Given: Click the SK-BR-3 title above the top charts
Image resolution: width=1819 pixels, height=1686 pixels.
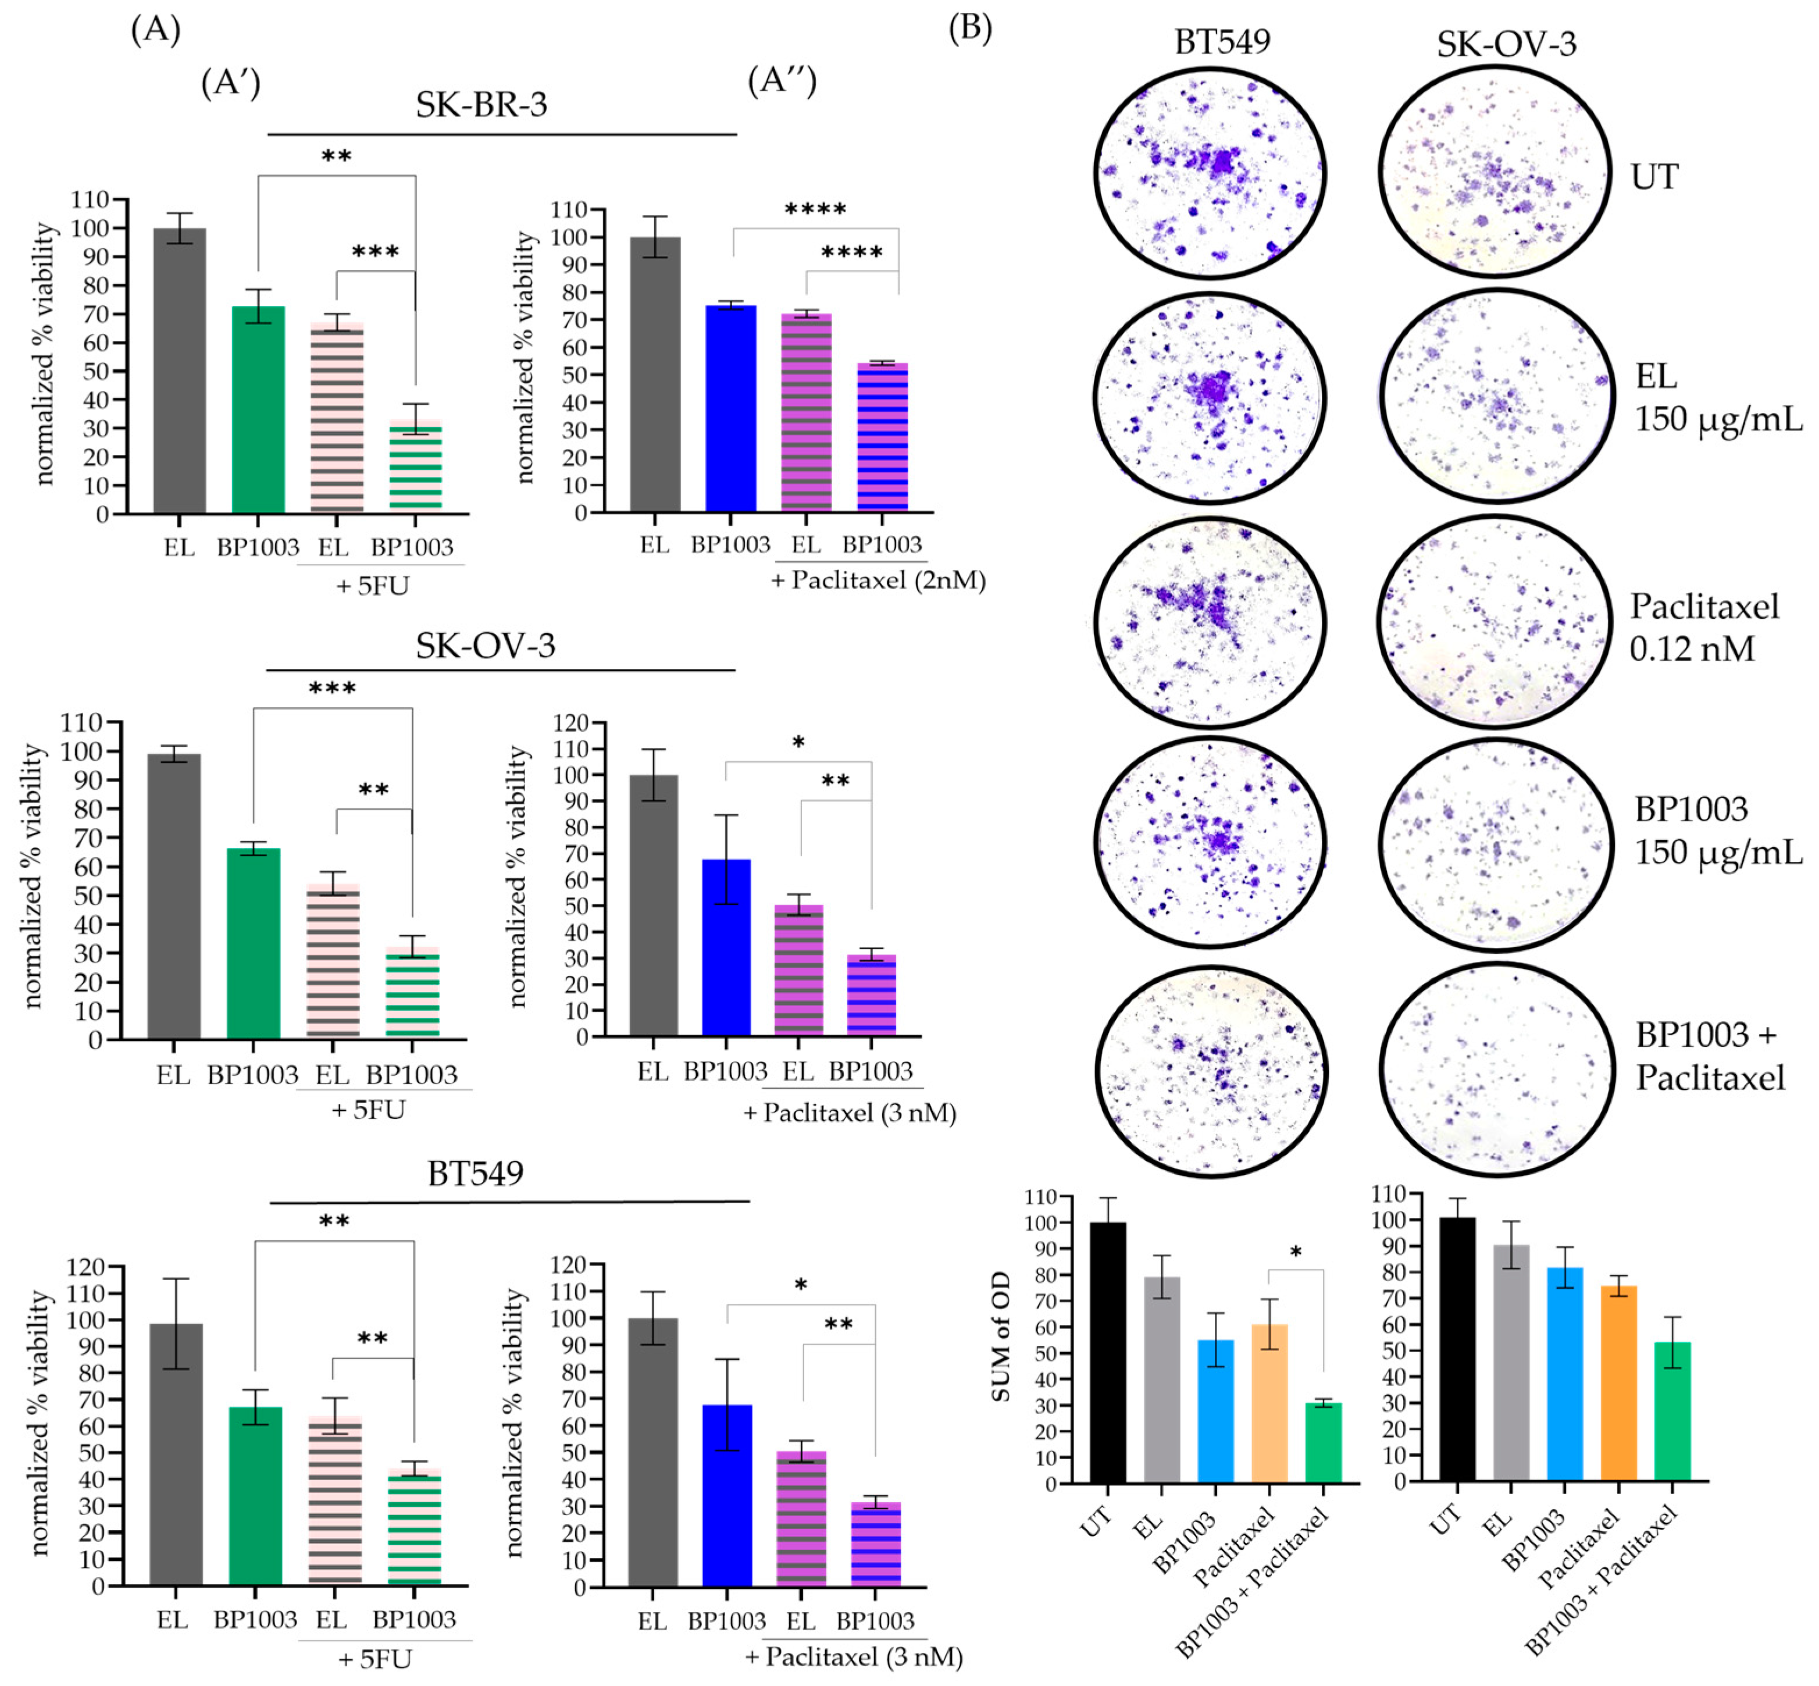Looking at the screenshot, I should [481, 104].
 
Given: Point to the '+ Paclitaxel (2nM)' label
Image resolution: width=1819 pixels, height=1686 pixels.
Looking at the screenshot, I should [878, 580].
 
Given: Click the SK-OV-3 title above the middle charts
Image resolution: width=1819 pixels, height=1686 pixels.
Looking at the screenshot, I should [486, 646].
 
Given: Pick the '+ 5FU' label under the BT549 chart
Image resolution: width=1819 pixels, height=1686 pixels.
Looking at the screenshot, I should [375, 1659].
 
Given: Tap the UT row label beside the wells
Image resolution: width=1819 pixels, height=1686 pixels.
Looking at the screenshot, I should [1654, 176].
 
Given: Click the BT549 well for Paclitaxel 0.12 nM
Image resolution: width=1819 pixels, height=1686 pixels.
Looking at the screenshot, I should [1210, 623].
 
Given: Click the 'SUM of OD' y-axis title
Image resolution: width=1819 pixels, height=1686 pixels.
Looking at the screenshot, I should [1001, 1336].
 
